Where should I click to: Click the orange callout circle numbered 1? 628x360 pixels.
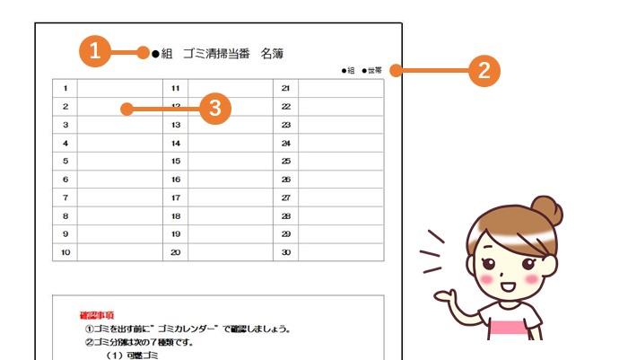tap(95, 51)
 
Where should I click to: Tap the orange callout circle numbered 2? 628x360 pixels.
tap(484, 71)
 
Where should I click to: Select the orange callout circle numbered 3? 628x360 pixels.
tap(215, 109)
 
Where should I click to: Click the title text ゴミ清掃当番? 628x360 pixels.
tap(217, 54)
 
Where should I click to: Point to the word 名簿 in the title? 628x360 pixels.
tap(273, 54)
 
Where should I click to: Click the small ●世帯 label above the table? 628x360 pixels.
tap(371, 71)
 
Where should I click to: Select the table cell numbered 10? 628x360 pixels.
tap(65, 252)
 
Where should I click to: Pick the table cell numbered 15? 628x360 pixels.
tap(176, 162)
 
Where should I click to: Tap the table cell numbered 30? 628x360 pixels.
tap(285, 252)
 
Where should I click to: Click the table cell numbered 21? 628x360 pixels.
tap(285, 88)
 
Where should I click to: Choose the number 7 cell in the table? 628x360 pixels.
tap(65, 198)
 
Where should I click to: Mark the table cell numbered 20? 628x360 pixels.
tap(176, 252)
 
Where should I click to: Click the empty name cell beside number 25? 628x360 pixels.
tap(341, 162)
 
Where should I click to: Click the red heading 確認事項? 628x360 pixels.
tap(97, 315)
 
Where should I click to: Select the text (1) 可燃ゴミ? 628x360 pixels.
tap(132, 356)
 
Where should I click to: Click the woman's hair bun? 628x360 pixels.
tap(547, 211)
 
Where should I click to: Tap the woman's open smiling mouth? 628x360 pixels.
tap(508, 286)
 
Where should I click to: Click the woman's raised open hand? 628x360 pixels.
tap(445, 296)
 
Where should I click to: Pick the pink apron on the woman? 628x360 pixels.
tap(508, 327)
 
